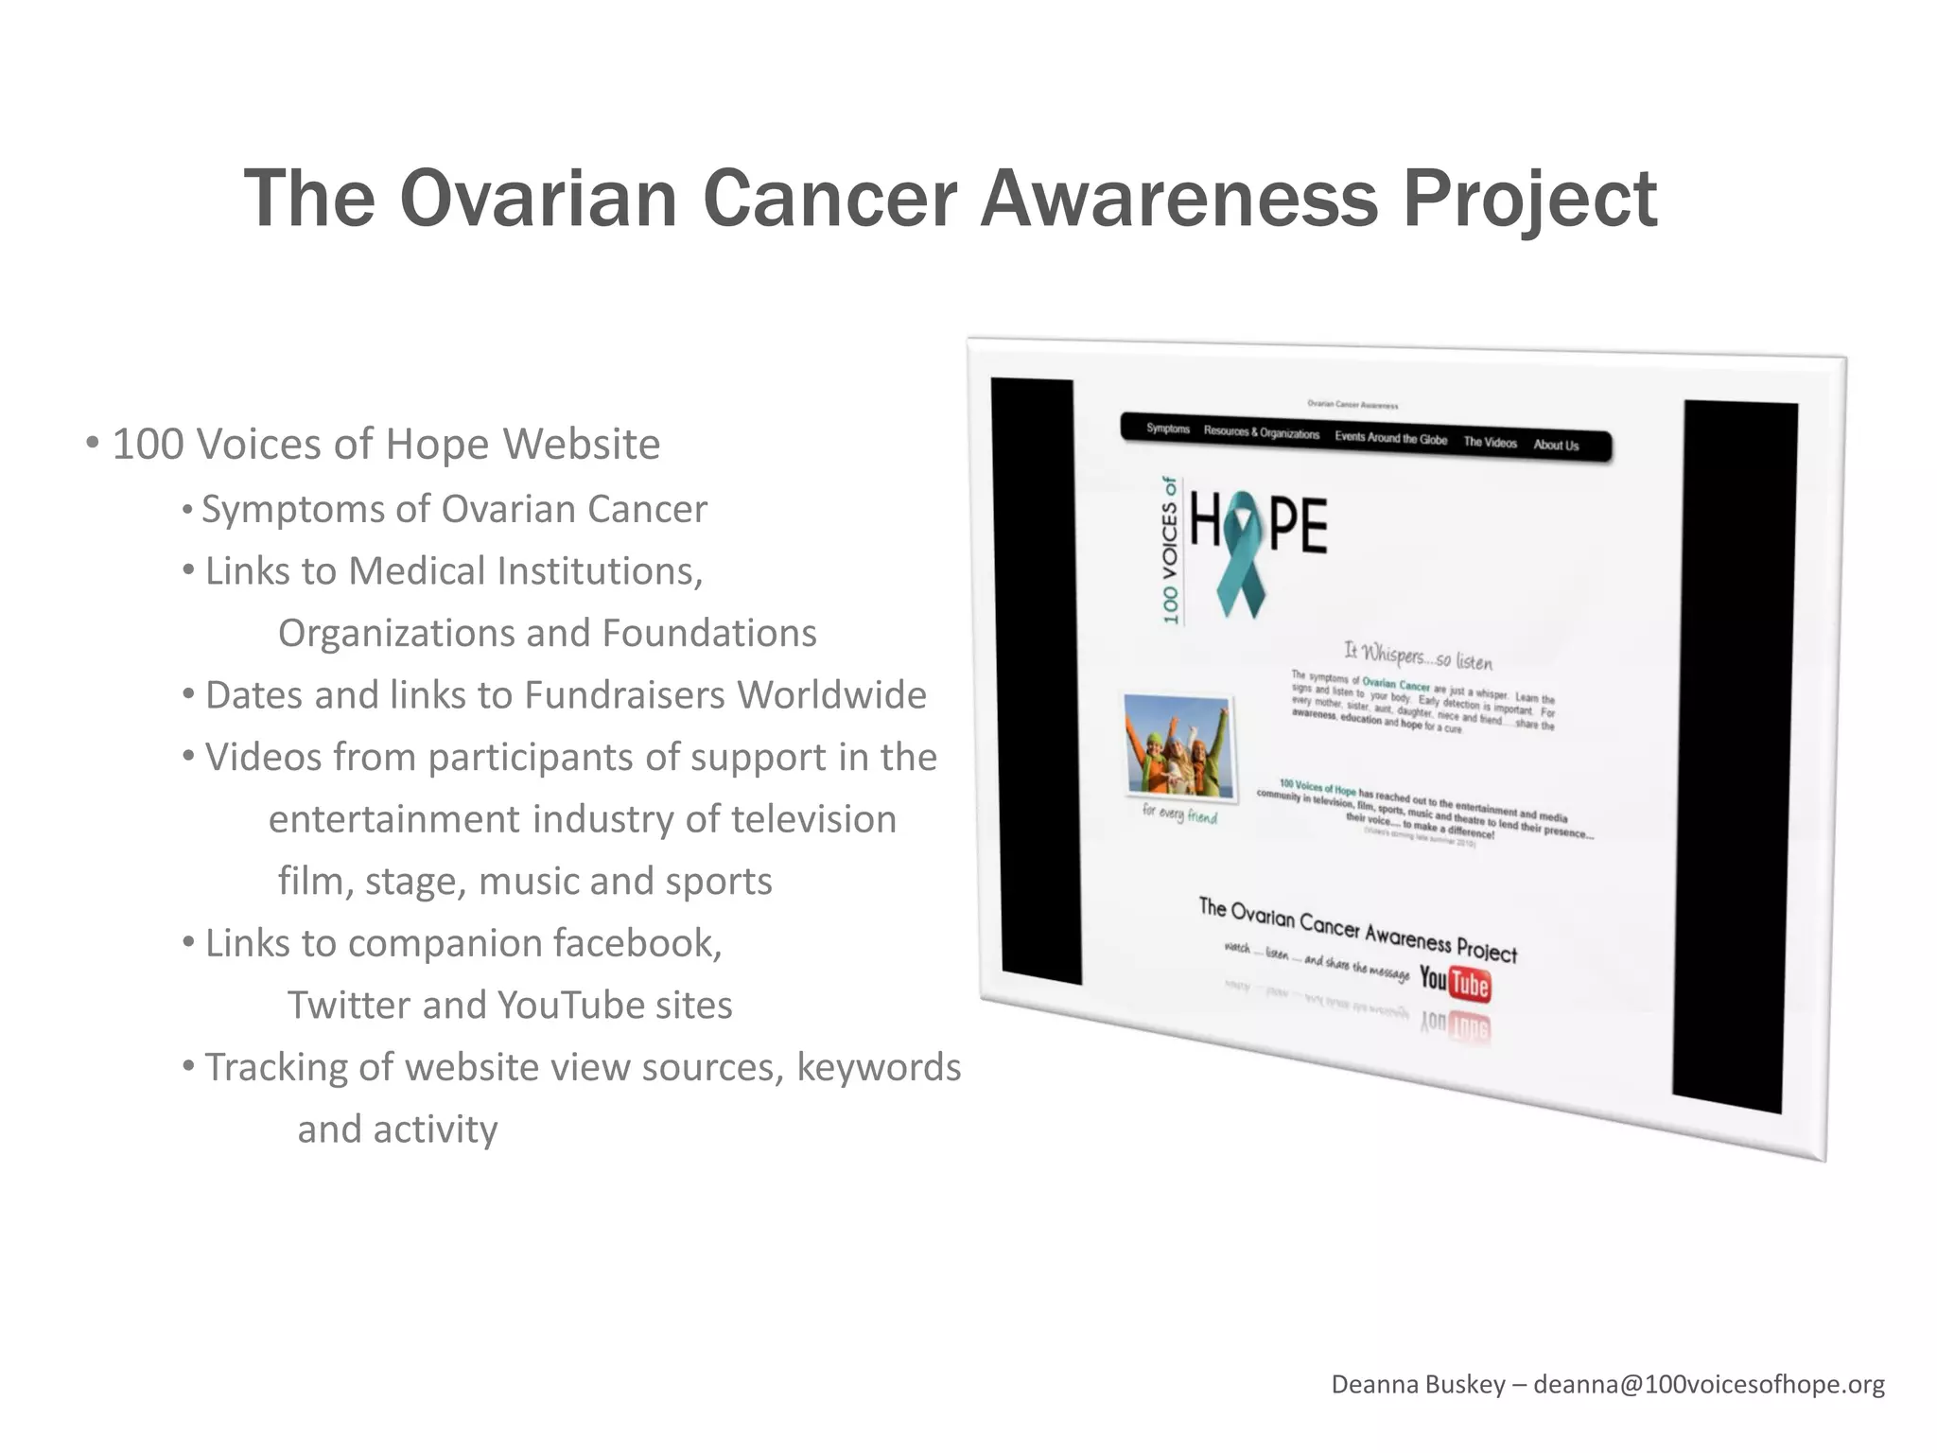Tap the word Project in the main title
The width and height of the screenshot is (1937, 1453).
[1528, 201]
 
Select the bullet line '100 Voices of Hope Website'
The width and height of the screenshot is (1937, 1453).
[386, 444]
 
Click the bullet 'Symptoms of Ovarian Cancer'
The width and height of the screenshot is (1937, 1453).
[454, 509]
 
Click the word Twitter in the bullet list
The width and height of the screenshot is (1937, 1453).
[349, 1005]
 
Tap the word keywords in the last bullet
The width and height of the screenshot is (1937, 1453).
[878, 1067]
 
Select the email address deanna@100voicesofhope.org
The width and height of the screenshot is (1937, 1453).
[1708, 1384]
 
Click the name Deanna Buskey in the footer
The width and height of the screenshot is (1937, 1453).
[1418, 1384]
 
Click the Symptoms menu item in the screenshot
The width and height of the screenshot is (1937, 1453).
[1168, 429]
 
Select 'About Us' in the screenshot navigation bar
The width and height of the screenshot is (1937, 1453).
[1556, 445]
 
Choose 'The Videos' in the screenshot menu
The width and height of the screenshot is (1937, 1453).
[1490, 442]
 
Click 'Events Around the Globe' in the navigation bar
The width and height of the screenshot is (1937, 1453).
[1390, 438]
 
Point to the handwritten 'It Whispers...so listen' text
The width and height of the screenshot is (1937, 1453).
[1418, 655]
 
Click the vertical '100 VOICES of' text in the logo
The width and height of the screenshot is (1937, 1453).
[1171, 551]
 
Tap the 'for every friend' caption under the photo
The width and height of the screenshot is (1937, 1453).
[1179, 814]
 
